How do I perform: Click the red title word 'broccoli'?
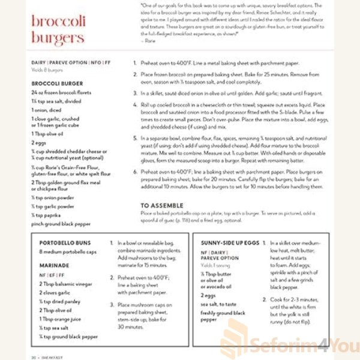click(x=58, y=22)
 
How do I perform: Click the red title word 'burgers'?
click(x=58, y=39)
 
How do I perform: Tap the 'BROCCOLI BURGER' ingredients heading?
click(x=57, y=83)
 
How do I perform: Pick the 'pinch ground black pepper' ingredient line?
click(x=61, y=224)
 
